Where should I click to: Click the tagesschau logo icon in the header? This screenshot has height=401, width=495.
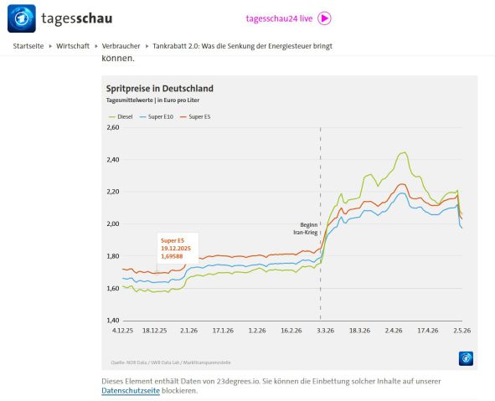tap(22, 18)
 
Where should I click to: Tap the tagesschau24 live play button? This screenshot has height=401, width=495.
tap(324, 18)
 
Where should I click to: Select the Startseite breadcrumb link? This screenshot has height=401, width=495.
tap(28, 46)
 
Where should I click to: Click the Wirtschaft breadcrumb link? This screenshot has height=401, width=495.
tap(73, 46)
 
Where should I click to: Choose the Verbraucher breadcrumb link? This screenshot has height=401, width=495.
tap(121, 46)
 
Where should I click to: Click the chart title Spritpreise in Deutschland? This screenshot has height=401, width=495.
tap(160, 89)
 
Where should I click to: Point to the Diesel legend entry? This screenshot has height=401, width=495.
tap(121, 116)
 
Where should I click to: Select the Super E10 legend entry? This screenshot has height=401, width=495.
tap(157, 116)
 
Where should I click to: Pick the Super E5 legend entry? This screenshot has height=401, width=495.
tap(195, 116)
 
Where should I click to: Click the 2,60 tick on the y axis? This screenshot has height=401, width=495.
tap(113, 127)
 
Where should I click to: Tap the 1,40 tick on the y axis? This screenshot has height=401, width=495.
tap(113, 321)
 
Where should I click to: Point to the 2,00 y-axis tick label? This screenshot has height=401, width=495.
tap(113, 224)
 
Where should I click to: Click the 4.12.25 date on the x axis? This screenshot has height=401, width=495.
tap(122, 331)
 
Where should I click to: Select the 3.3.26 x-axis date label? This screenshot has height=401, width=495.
tap(326, 331)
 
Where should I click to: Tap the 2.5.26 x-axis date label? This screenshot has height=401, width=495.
tap(461, 331)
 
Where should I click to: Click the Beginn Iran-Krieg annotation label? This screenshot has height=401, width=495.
tap(306, 229)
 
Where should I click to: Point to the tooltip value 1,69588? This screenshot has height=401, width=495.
tap(172, 256)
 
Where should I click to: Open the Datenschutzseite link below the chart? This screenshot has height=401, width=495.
tap(131, 391)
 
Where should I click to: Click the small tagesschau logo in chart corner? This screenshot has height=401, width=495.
tap(466, 358)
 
